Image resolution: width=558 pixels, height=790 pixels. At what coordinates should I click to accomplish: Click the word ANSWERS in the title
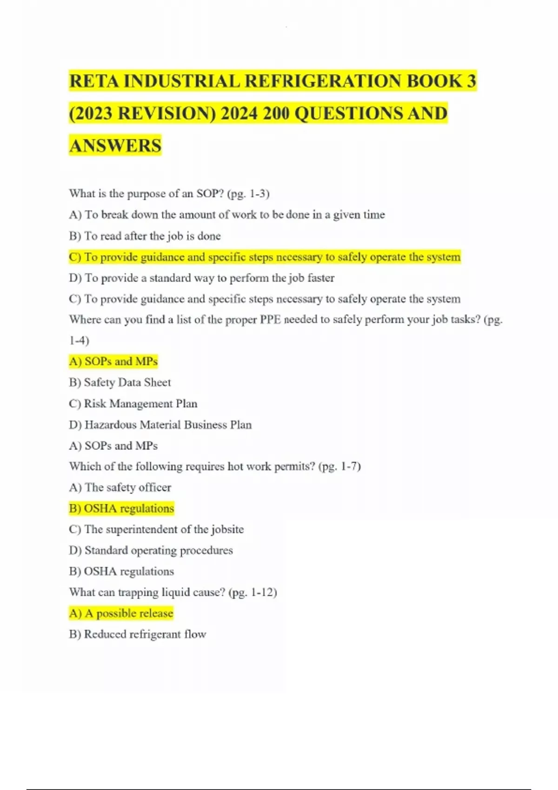(115, 145)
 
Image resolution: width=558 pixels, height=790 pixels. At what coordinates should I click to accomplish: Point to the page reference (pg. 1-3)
(248, 194)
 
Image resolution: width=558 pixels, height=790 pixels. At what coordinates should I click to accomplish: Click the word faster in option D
(321, 278)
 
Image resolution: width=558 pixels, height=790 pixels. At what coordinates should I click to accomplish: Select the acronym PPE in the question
(270, 320)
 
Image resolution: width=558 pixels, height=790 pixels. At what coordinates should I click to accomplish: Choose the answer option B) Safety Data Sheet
(120, 382)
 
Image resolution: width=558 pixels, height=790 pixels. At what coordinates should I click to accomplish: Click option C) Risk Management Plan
(133, 403)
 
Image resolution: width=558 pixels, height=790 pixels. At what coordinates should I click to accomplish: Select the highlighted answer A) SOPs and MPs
(113, 362)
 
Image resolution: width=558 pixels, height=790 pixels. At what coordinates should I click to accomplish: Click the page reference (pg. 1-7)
(339, 466)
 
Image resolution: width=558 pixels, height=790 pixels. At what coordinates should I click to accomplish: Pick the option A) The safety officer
(120, 487)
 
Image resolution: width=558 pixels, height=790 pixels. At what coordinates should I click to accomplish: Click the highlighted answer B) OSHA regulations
(121, 508)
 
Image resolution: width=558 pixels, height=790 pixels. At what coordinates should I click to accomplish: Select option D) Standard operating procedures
(151, 551)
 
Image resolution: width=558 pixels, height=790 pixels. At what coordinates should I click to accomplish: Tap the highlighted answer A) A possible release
(121, 613)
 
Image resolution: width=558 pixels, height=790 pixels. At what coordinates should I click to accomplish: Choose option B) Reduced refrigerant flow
(138, 634)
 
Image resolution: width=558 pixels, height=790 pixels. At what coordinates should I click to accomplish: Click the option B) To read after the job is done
(145, 236)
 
